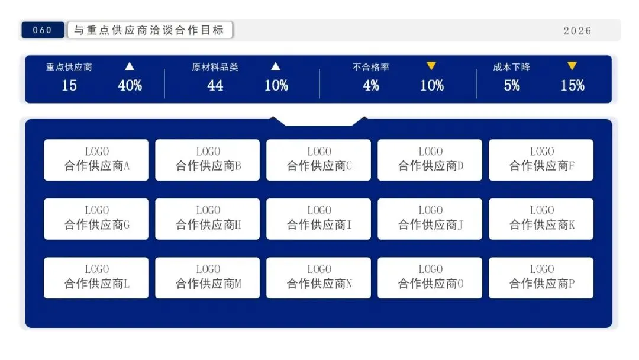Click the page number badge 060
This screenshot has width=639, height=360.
43,30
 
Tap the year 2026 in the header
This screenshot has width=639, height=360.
577,31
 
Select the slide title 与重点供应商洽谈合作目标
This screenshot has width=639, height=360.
150,30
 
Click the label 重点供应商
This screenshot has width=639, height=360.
69,67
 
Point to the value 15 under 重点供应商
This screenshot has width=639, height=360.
69,86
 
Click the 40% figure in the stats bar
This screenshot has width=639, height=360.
130,86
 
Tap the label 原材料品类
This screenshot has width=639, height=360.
215,67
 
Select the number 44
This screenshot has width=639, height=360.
215,86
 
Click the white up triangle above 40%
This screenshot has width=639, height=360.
130,66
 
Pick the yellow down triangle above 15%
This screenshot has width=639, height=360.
572,66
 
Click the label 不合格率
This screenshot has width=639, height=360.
371,67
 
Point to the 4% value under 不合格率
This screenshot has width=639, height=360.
371,86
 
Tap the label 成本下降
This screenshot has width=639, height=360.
512,67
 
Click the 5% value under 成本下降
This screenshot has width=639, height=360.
512,86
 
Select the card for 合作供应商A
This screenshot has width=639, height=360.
96,160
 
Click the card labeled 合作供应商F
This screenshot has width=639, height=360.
541,160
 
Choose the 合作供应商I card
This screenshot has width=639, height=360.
318,219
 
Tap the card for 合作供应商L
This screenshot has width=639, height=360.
96,278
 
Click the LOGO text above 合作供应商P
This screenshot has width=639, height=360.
541,269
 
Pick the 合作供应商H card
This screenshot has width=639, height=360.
208,219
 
